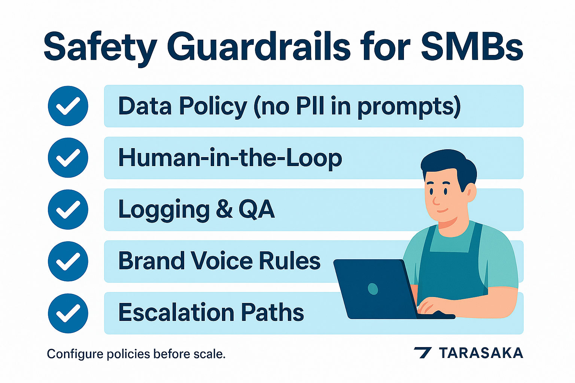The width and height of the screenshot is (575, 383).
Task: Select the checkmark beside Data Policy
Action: [68, 106]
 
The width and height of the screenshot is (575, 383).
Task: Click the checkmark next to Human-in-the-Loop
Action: [68, 157]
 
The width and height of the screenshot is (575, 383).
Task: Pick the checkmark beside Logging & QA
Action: [68, 209]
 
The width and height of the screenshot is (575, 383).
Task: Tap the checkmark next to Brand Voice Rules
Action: [68, 261]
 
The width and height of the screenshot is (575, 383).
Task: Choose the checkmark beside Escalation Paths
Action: [68, 313]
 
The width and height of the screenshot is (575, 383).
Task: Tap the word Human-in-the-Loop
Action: [230, 158]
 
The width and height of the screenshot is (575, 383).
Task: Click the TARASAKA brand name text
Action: [481, 353]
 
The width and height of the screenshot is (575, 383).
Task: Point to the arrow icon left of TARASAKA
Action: [423, 353]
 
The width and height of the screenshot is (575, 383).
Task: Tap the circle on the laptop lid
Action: [373, 289]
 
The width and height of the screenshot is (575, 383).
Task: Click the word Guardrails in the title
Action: [258, 48]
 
